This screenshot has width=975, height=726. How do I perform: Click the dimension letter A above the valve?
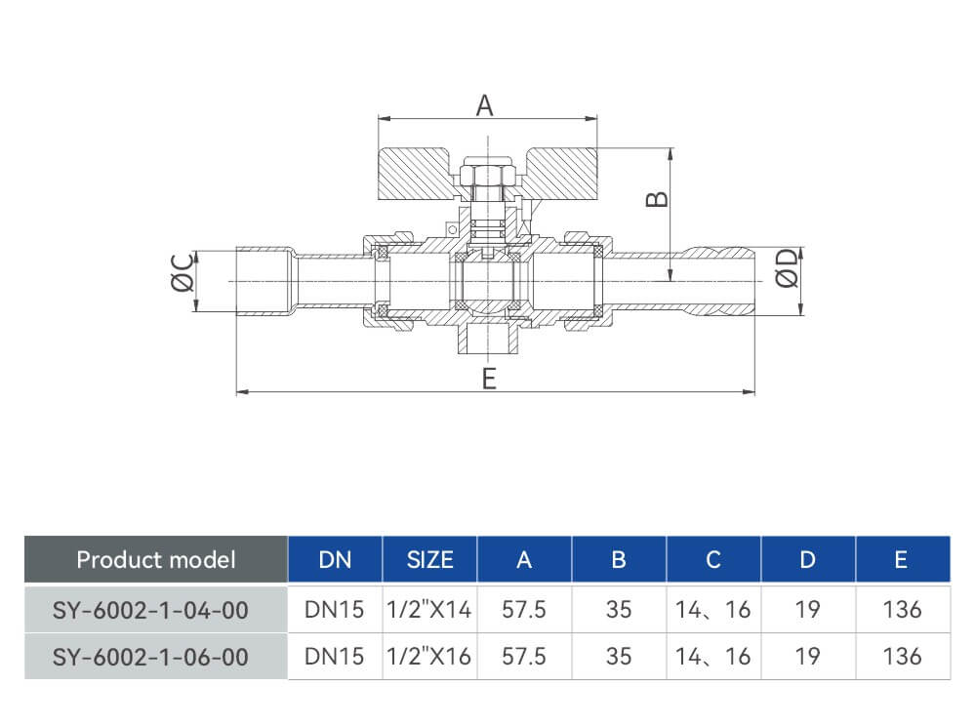[484, 105]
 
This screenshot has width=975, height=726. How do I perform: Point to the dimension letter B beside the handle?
[657, 199]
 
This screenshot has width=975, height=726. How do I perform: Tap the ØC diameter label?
[183, 272]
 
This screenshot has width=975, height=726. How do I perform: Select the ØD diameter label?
[787, 268]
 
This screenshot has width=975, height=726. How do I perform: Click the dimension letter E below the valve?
[489, 379]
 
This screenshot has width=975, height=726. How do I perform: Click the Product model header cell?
[156, 560]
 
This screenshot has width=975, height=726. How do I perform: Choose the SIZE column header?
[429, 560]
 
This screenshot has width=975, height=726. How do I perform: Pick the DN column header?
[335, 560]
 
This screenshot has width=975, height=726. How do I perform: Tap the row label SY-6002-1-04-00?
[150, 611]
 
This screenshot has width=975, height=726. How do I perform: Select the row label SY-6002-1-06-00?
[150, 657]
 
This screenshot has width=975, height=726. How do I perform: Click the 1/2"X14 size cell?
[429, 609]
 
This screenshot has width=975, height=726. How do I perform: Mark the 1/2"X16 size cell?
[429, 657]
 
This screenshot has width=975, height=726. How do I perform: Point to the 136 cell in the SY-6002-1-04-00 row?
[902, 610]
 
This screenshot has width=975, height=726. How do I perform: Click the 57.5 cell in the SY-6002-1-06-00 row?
[524, 657]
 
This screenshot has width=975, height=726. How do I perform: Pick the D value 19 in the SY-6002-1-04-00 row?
[808, 610]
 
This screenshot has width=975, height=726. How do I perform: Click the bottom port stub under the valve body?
[489, 340]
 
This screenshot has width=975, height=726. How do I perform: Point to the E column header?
[901, 560]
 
